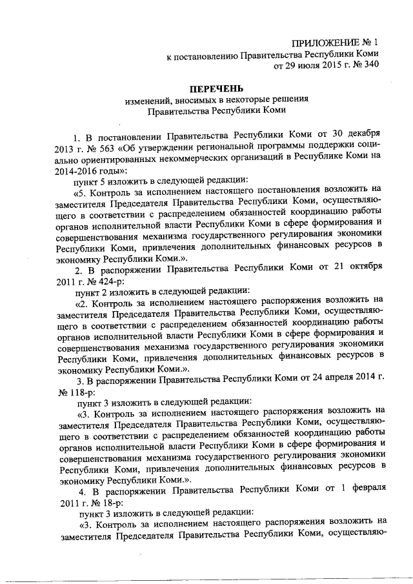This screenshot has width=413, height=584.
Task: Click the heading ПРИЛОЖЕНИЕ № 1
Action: pyautogui.click(x=334, y=42)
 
